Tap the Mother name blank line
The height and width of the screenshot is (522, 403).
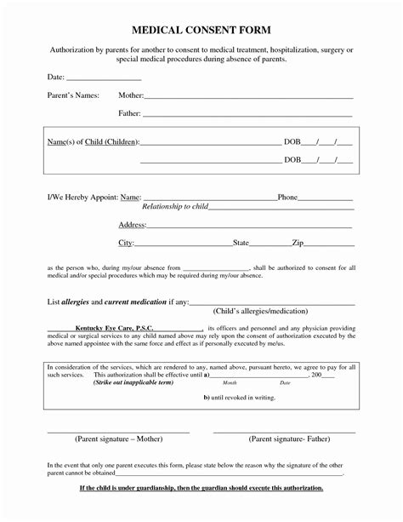tap(247, 96)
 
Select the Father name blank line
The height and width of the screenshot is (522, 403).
tap(247, 114)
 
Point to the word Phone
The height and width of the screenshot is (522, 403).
tap(287, 198)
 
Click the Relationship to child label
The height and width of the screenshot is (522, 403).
tap(174, 207)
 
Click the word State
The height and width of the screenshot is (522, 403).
tap(241, 244)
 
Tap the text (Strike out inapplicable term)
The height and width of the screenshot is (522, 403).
tap(133, 383)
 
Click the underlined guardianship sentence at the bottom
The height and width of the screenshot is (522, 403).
tap(201, 488)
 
